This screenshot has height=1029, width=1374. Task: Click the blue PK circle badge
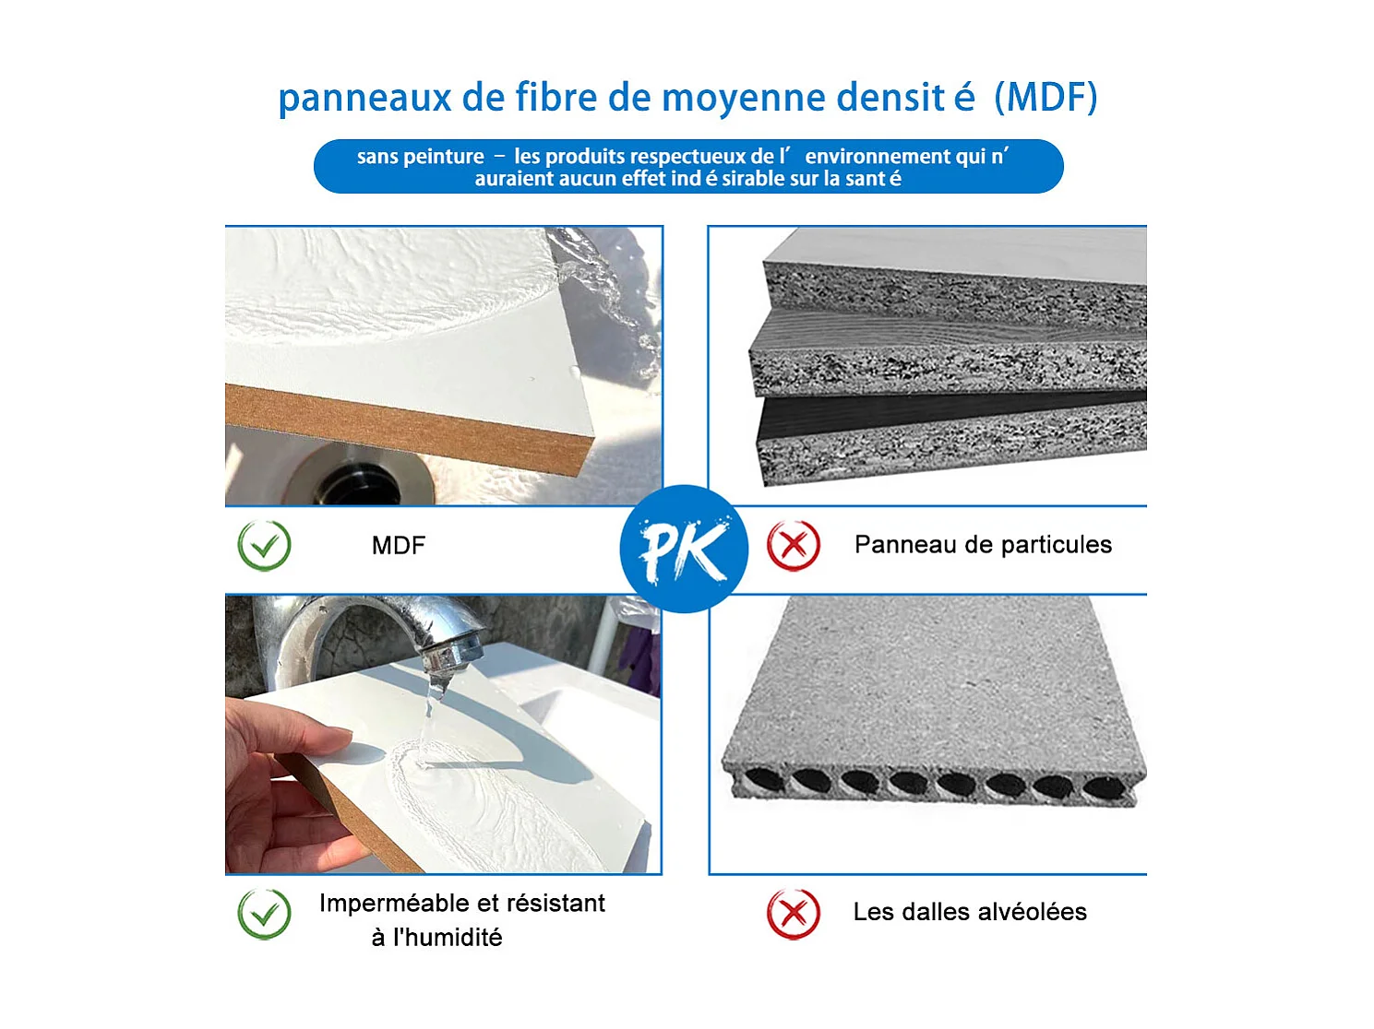pyautogui.click(x=683, y=549)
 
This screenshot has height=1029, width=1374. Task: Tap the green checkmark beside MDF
pyautogui.click(x=264, y=545)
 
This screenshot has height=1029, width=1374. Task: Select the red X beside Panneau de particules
pyautogui.click(x=793, y=545)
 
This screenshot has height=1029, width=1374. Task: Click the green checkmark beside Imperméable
pyautogui.click(x=264, y=913)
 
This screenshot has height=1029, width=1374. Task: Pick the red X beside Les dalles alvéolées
pyautogui.click(x=793, y=913)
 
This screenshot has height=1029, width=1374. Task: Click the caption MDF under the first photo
pyautogui.click(x=398, y=546)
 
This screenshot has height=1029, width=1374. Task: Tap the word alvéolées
pyautogui.click(x=1032, y=912)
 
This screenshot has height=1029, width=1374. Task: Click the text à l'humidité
pyautogui.click(x=436, y=938)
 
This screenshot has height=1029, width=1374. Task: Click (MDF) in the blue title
pyautogui.click(x=1045, y=98)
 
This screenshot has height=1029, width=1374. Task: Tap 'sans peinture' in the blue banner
pyautogui.click(x=420, y=157)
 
